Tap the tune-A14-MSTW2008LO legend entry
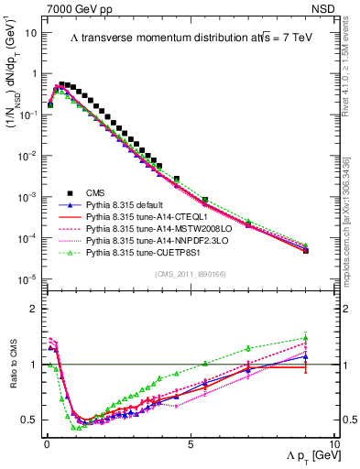coord(157,230)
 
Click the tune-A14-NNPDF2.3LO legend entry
coord(157,242)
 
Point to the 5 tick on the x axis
coord(191,442)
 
